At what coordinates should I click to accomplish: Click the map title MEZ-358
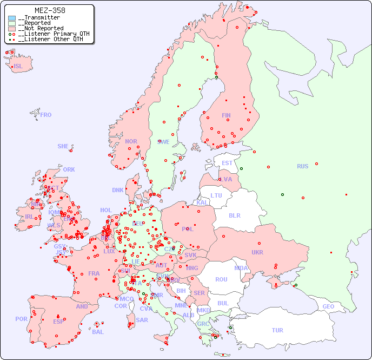[50, 10]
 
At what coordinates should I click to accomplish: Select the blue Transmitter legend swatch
[12, 18]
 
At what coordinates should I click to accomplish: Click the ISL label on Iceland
[18, 67]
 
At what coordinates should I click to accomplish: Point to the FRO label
[46, 115]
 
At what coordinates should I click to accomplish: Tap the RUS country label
[302, 166]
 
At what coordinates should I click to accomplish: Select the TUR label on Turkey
[277, 330]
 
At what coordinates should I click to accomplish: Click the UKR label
[257, 252]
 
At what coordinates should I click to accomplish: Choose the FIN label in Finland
[226, 115]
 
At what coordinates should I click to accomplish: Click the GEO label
[328, 306]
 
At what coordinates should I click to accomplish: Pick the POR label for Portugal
[21, 319]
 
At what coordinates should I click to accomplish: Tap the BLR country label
[234, 215]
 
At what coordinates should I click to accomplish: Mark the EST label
[227, 163]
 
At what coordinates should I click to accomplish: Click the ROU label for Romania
[221, 279]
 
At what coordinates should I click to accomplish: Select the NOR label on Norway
[131, 141]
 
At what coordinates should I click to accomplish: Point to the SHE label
[63, 146]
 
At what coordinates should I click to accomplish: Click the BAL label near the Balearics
[97, 332]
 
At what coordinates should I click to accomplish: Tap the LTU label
[216, 195]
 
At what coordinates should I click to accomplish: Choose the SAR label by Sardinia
[142, 320]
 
